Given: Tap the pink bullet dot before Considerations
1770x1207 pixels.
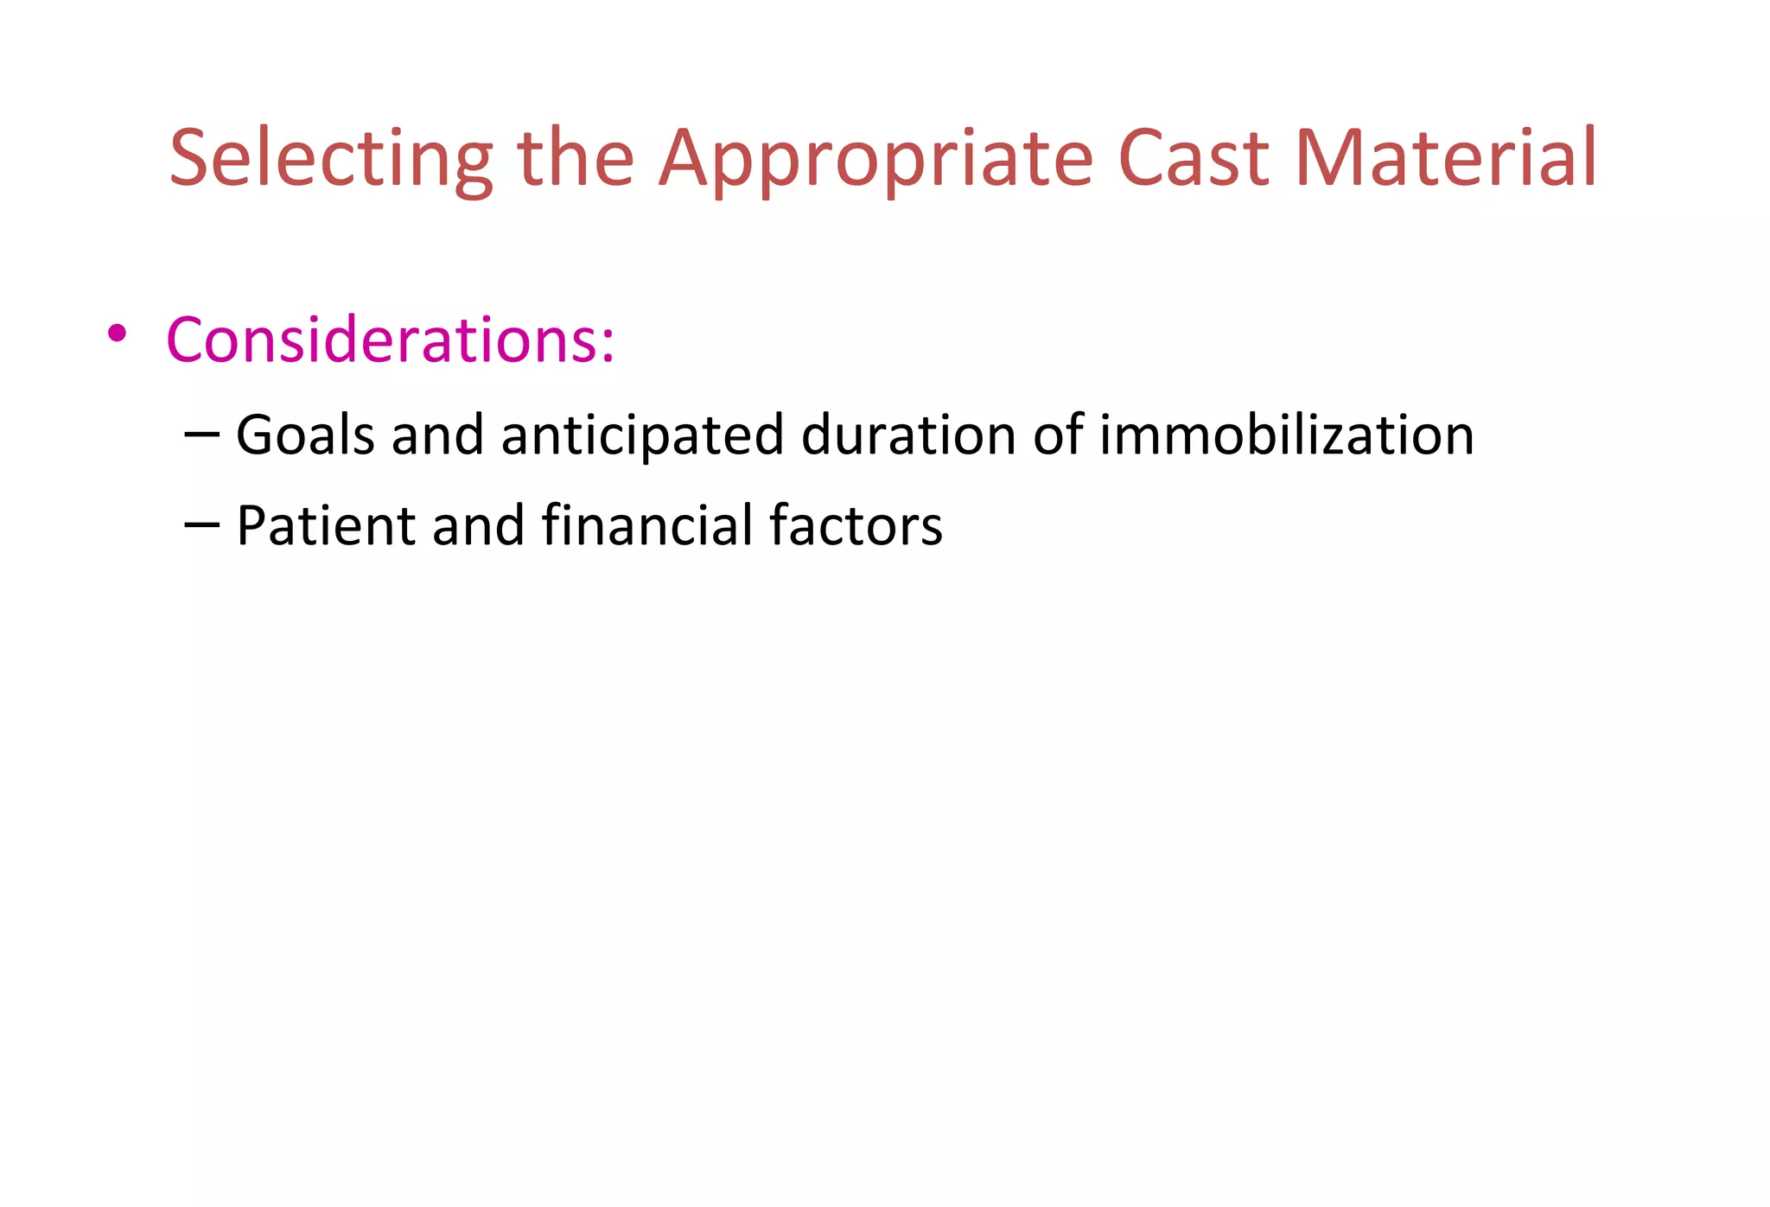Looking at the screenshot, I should pos(118,334).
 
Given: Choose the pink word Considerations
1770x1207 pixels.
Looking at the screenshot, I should pos(380,340).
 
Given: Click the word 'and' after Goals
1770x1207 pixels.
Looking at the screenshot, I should pos(437,435).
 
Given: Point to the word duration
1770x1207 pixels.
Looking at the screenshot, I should pos(908,435).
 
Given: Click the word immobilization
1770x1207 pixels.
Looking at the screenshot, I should pos(1286,435).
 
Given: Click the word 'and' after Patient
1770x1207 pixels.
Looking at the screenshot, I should pos(478,525).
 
